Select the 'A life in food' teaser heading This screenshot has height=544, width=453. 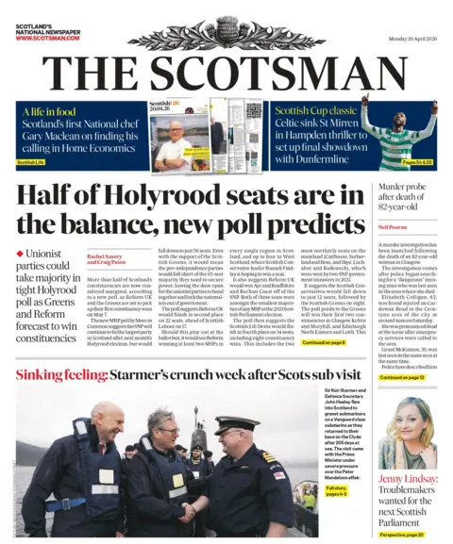[x=51, y=112]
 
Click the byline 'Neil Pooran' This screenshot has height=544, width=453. [x=392, y=227]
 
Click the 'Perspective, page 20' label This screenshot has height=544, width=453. [x=401, y=534]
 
